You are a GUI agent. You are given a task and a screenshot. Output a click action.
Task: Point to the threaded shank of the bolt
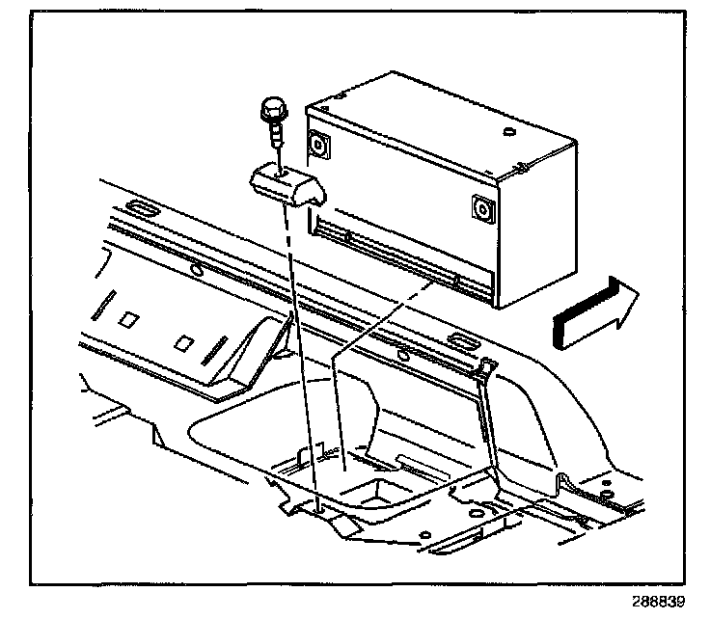click(x=276, y=136)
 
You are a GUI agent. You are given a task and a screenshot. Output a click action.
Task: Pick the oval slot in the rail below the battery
click(x=462, y=338)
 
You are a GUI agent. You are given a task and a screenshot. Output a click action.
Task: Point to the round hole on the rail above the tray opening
click(x=402, y=354)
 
